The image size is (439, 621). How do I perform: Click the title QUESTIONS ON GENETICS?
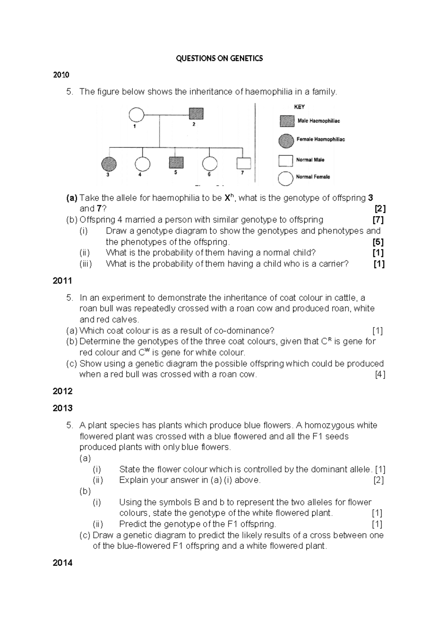tap(219, 59)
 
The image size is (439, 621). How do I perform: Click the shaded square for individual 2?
tap(196, 114)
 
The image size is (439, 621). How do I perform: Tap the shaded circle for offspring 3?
tap(109, 164)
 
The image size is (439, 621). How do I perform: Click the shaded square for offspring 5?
tap(176, 163)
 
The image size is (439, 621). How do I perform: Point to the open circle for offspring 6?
tap(210, 164)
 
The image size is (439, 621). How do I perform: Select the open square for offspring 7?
tap(244, 163)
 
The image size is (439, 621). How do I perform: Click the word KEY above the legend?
tap(299, 107)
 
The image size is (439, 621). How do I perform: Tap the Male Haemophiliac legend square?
tap(287, 121)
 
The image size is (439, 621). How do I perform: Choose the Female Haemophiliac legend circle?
tap(286, 141)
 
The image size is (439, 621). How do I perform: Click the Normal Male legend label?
tap(310, 160)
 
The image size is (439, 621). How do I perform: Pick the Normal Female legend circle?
tap(286, 178)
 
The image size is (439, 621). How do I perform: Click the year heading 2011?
tap(62, 281)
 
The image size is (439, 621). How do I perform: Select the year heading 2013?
tap(62, 408)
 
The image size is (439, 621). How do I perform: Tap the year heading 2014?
tap(62, 563)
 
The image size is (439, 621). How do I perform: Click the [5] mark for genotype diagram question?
tap(378, 242)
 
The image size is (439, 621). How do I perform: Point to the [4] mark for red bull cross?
tap(380, 375)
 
